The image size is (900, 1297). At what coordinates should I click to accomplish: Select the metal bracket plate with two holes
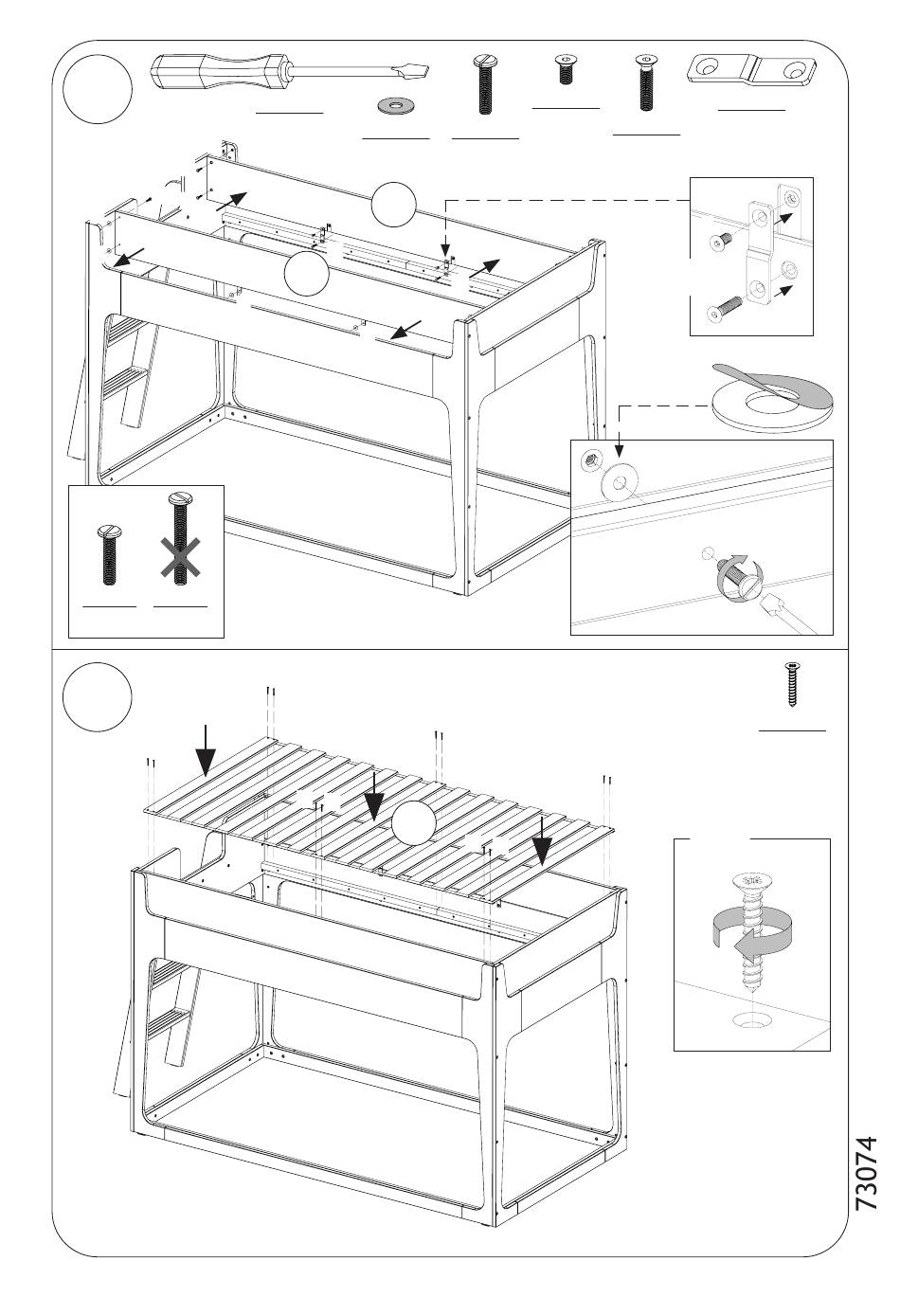point(752,70)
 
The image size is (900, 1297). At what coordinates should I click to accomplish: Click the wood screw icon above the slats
point(791,685)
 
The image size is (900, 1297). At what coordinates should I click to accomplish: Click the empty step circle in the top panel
point(97,89)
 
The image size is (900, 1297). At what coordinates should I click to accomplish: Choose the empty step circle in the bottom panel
point(97,697)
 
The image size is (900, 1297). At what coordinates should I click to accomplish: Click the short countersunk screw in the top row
point(566,69)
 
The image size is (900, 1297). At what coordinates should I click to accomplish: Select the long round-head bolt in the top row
point(484,85)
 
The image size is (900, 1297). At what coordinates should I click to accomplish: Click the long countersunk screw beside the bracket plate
point(646,83)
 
